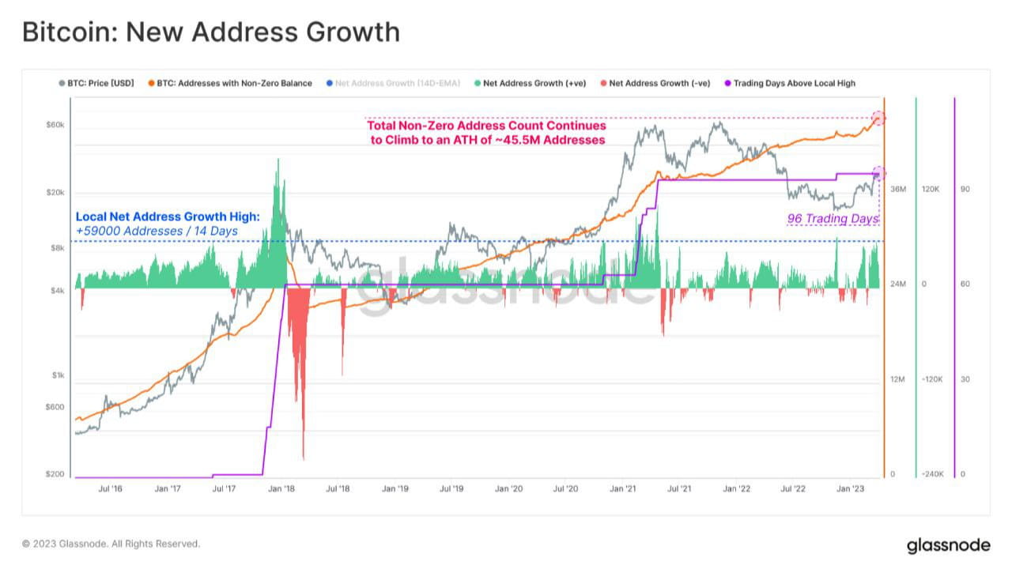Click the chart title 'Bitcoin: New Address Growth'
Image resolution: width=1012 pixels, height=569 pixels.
point(210,32)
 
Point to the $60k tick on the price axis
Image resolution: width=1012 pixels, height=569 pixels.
point(55,125)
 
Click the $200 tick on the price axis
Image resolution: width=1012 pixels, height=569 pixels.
point(55,474)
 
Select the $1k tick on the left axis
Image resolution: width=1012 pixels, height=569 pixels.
point(57,375)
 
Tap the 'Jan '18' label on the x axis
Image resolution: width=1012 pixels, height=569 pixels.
point(281,489)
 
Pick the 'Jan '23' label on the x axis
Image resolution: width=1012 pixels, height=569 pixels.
point(851,489)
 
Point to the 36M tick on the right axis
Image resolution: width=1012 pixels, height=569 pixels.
point(897,190)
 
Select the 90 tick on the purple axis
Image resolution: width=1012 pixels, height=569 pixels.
point(965,190)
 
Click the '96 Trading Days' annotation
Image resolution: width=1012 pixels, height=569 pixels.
point(833,218)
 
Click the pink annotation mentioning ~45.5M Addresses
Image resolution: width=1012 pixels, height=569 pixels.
point(487,133)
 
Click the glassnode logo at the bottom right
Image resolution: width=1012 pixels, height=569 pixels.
point(948,545)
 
